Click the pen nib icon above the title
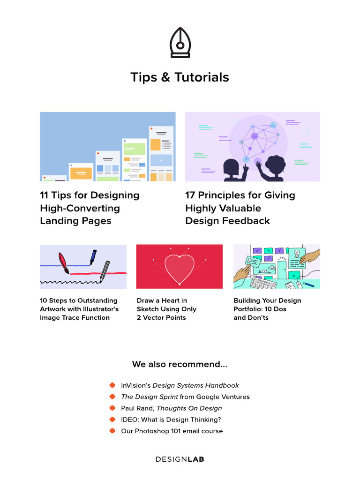(x=180, y=43)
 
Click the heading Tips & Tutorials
(x=180, y=77)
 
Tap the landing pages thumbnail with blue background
(x=108, y=146)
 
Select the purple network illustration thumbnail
(x=253, y=146)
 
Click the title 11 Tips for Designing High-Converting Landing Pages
(x=90, y=208)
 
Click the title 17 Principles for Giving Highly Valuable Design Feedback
(x=240, y=208)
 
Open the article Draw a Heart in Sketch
(x=166, y=309)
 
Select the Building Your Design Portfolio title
(x=267, y=309)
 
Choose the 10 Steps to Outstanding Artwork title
(x=79, y=309)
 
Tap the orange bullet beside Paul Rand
(x=112, y=408)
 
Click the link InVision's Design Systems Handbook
(x=180, y=385)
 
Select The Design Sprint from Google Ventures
(x=185, y=397)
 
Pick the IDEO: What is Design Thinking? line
(x=171, y=420)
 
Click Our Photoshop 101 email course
(x=172, y=431)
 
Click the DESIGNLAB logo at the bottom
(x=180, y=459)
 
